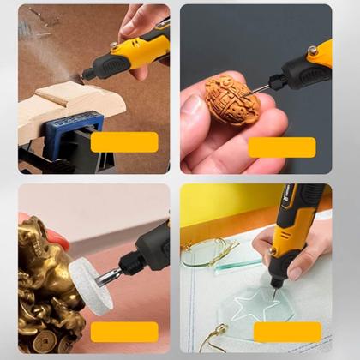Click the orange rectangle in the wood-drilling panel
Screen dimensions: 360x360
(124, 142)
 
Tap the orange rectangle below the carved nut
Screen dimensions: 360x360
(282, 147)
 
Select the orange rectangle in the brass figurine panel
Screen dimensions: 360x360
(124, 331)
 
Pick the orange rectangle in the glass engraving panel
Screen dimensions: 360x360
(286, 332)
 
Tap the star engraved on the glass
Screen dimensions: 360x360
(263, 304)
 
